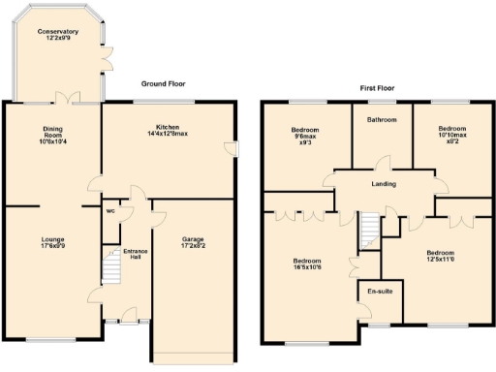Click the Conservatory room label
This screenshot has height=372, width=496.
[x=58, y=32]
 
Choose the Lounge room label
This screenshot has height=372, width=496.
[x=52, y=237]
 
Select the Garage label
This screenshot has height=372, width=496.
[x=193, y=237]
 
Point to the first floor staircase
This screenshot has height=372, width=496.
[x=369, y=231]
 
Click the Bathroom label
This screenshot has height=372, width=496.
[x=382, y=120]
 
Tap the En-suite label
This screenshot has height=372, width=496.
[x=379, y=291]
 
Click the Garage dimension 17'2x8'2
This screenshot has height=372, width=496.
[x=193, y=247]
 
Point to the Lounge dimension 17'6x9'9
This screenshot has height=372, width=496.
[x=52, y=247]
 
